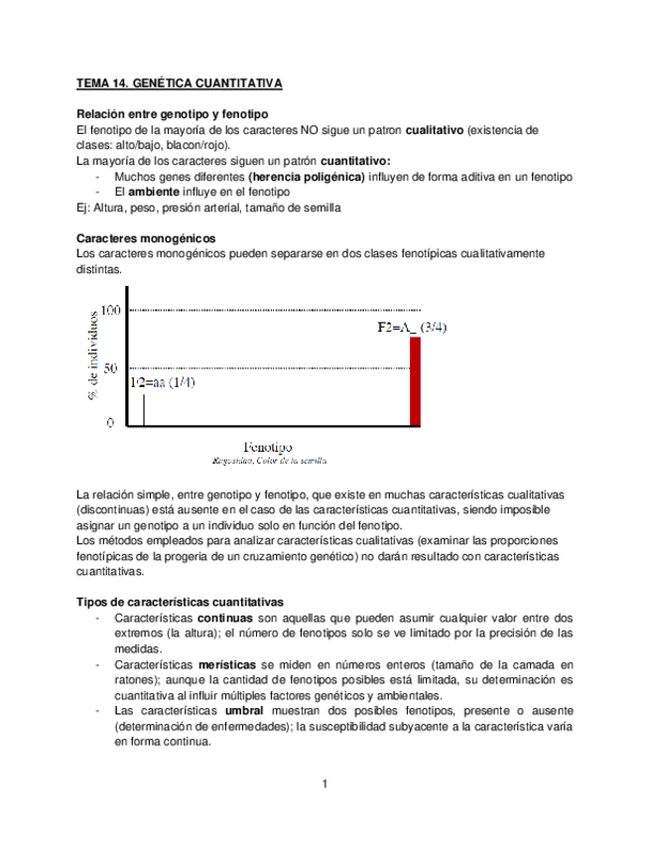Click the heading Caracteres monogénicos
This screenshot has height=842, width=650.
click(x=146, y=238)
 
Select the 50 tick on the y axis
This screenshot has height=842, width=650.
click(x=110, y=367)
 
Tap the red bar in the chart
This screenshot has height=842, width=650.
click(x=416, y=380)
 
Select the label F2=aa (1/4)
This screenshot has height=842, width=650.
click(x=161, y=383)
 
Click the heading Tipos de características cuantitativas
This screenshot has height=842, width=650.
click(x=180, y=602)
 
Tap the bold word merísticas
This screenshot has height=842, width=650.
click(x=227, y=661)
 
